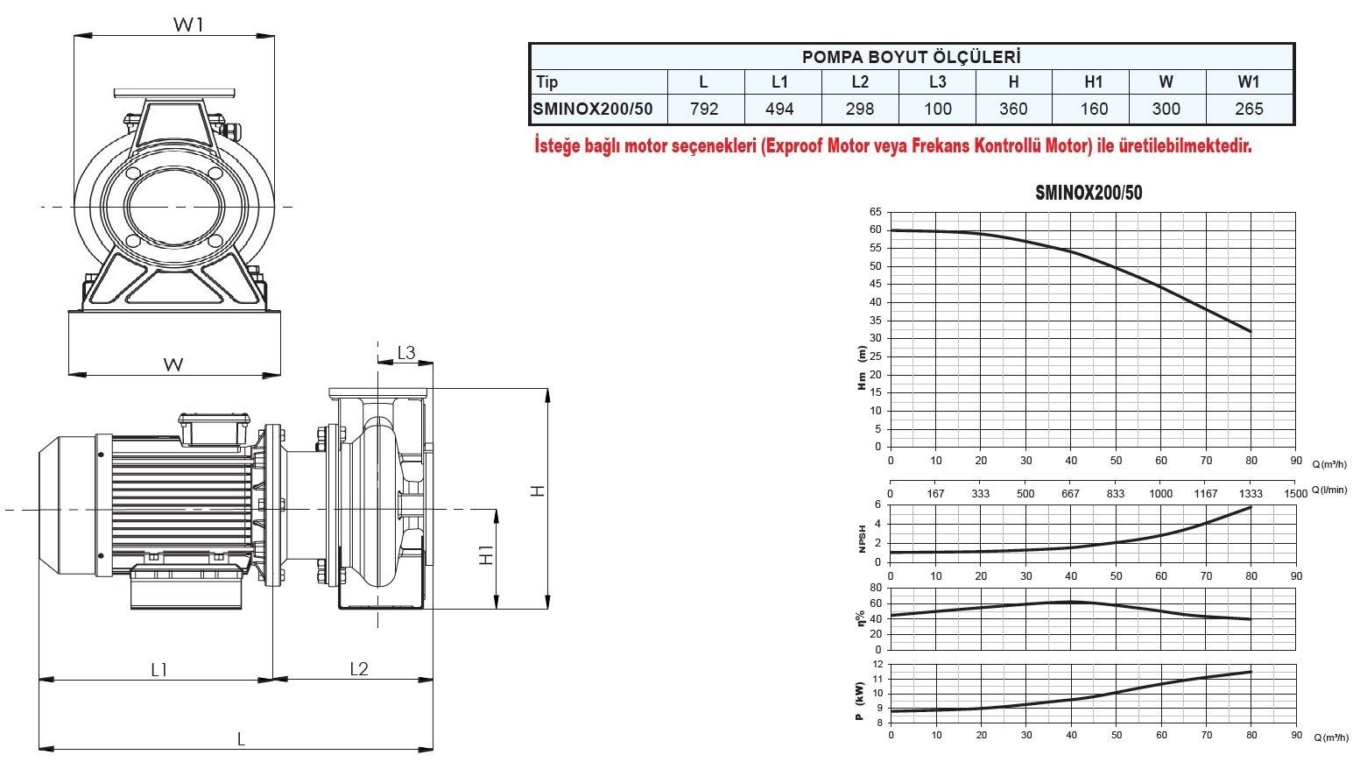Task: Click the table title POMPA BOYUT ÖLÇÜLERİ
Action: pos(912,57)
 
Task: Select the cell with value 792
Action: pos(704,109)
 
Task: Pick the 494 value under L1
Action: pos(779,109)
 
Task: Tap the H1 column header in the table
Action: pos(1094,81)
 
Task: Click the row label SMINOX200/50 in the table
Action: pos(593,109)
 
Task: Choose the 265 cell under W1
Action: pos(1249,109)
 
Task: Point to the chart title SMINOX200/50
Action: pos(1089,193)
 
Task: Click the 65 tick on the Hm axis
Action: pos(875,212)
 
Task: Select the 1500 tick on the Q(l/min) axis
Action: pos(1296,494)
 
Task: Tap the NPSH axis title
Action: pos(862,539)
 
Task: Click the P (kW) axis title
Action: pos(859,702)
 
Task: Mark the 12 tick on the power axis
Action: pos(878,664)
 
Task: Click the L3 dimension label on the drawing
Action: pos(406,353)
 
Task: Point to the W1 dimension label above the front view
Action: pos(188,25)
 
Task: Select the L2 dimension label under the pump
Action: pos(359,669)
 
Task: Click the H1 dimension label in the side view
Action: pos(486,555)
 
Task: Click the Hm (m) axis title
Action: pos(862,368)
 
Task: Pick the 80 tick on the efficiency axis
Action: pos(876,588)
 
